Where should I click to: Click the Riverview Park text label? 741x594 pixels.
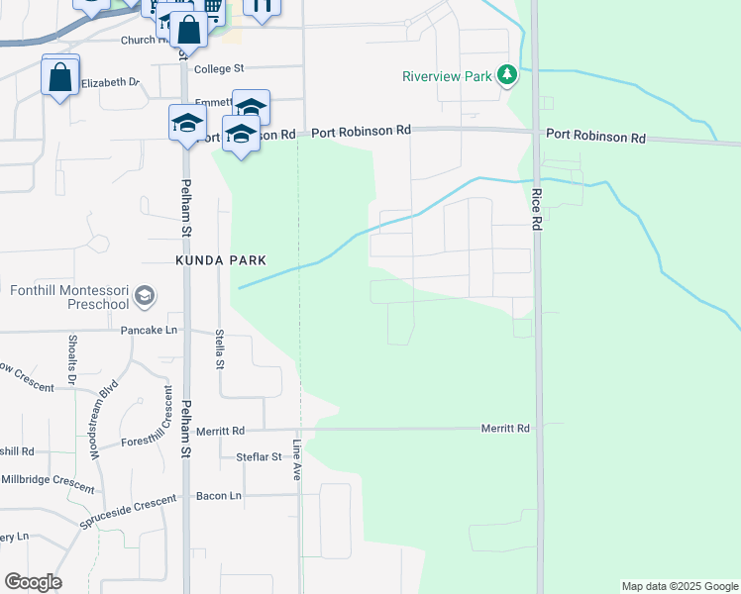(447, 76)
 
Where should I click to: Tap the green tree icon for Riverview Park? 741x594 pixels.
(507, 75)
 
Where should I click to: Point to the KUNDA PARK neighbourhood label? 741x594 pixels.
(221, 259)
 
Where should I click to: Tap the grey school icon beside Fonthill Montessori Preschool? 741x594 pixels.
(145, 296)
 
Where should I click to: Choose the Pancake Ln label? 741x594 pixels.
(149, 329)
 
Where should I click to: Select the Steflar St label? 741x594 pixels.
(260, 456)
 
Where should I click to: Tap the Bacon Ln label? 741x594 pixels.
(219, 495)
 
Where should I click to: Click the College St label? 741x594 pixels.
(219, 68)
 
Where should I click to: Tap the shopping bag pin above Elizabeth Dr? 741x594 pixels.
(60, 76)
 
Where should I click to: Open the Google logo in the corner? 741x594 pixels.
(33, 582)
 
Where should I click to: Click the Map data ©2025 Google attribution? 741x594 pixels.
(680, 586)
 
